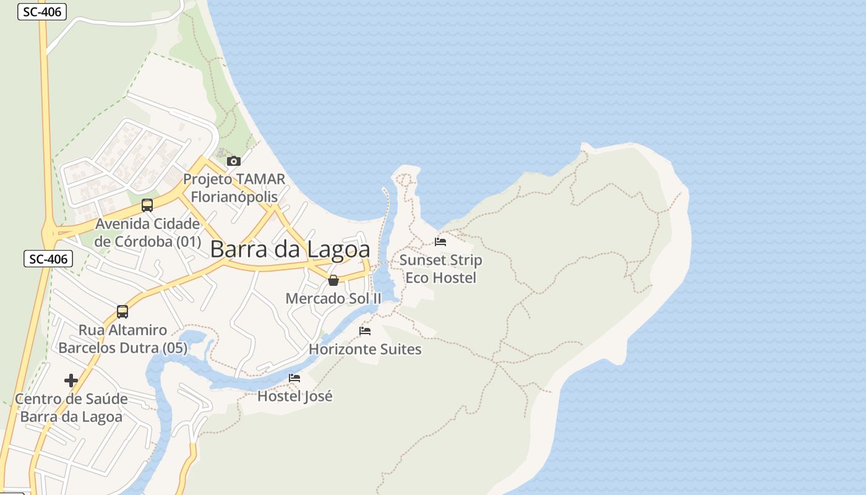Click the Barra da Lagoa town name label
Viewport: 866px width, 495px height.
pos(290,249)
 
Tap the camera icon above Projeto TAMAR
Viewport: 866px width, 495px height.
pos(234,161)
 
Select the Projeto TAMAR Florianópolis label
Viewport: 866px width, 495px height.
pos(234,188)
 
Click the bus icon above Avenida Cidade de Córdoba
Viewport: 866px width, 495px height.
pos(147,205)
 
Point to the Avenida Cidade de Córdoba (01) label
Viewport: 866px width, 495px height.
pos(148,233)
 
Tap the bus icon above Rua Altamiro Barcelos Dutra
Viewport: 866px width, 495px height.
pos(122,312)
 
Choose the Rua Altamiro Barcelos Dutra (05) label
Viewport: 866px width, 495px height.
pos(122,339)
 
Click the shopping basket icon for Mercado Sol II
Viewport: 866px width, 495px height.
pos(333,280)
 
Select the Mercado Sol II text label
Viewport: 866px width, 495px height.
pos(333,298)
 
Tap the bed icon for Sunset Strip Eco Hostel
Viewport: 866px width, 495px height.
pos(440,242)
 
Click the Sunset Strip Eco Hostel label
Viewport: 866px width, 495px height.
pos(440,269)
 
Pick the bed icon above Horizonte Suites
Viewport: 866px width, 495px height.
pos(365,331)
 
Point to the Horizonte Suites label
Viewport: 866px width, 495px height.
pos(365,350)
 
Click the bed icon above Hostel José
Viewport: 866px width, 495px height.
pos(294,378)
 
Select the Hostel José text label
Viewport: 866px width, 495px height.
pos(294,396)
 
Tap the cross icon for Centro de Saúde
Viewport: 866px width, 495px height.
pos(71,380)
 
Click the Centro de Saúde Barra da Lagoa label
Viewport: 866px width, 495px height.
pos(71,408)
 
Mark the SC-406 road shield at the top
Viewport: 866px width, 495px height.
pos(42,11)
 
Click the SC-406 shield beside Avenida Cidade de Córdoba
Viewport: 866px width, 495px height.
pos(48,259)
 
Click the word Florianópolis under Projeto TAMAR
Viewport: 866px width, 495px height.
pos(234,197)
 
